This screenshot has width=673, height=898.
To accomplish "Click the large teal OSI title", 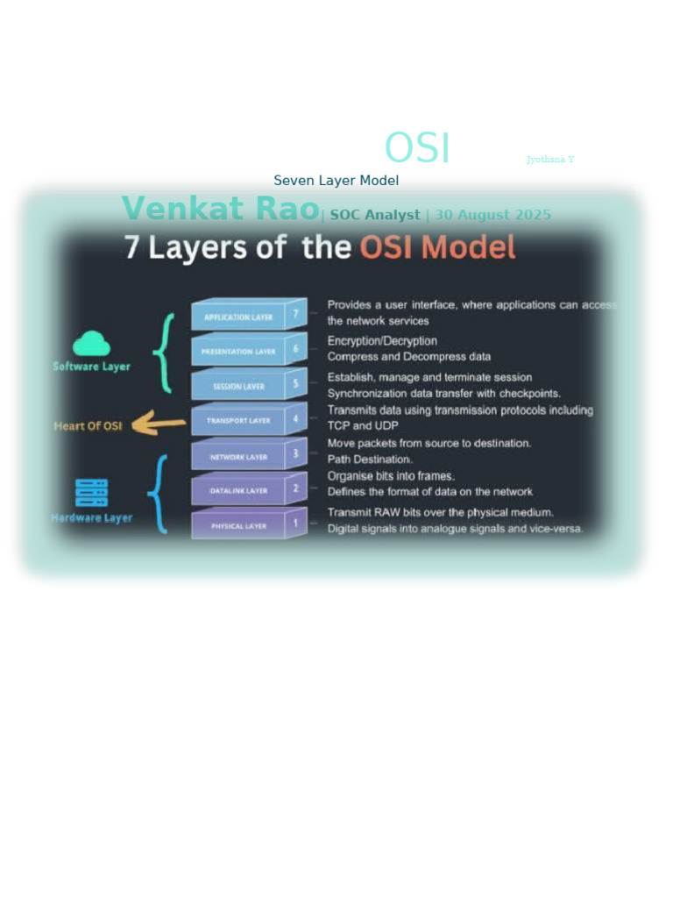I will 417,148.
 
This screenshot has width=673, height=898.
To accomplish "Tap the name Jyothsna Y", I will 550,160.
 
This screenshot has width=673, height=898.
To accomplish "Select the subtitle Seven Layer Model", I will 336,181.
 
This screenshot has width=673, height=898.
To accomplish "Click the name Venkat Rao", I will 220,210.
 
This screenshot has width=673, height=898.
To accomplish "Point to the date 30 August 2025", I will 492,215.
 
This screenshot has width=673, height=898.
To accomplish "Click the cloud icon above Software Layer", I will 91,344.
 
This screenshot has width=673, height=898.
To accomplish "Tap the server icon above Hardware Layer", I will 91,493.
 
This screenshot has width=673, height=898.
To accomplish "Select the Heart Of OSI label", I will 88,426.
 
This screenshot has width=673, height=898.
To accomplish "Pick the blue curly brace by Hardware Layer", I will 159,494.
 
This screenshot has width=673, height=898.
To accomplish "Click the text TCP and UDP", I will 362,425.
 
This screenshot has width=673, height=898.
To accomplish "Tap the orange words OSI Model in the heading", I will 437,248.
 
